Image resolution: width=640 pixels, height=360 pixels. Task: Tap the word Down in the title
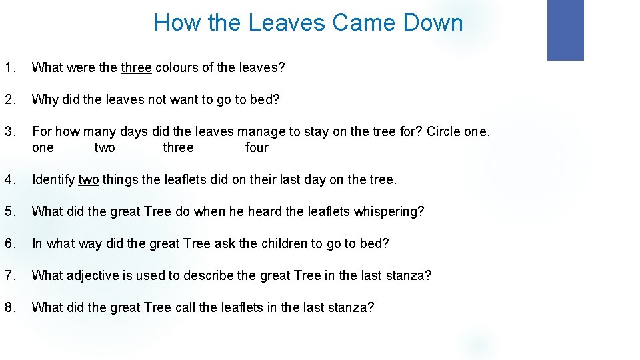click(433, 23)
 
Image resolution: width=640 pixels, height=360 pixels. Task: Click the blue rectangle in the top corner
click(565, 30)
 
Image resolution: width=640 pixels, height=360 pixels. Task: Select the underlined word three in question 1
click(136, 67)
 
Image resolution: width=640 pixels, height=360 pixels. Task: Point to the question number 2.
click(9, 99)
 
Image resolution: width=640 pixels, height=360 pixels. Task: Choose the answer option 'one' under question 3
click(43, 147)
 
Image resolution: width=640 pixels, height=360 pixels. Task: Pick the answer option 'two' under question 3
click(105, 147)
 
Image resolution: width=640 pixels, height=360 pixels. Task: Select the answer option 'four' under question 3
click(257, 147)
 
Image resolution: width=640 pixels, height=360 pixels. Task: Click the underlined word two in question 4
click(89, 179)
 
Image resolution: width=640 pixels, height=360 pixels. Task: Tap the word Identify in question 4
click(53, 179)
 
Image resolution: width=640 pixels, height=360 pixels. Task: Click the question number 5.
click(9, 211)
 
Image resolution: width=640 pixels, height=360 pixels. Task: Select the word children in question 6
click(283, 243)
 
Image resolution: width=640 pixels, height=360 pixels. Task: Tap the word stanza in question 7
click(409, 275)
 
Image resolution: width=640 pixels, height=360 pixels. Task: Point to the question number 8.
click(9, 307)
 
